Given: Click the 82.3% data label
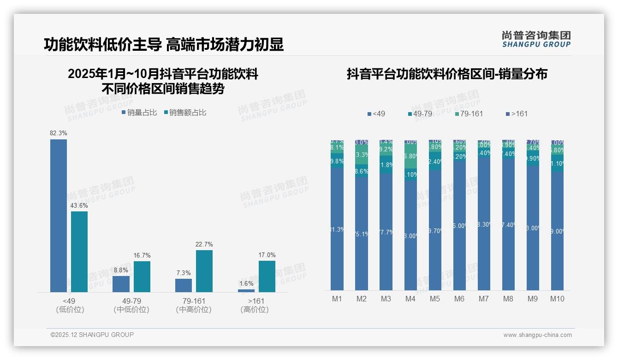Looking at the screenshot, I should point(59,133).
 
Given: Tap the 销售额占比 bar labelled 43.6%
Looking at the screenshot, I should point(79,252).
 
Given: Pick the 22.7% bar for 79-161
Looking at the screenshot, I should point(204,271).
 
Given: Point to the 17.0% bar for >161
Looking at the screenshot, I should point(267,276).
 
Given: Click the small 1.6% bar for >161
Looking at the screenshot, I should point(246,291).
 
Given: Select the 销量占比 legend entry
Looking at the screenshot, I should point(139,113).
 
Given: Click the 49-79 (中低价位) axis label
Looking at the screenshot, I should point(131,306).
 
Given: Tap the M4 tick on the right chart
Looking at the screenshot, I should point(410,299).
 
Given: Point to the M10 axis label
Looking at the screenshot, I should point(557,299).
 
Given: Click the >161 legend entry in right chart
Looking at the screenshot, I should point(517,114).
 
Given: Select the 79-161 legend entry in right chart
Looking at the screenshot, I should point(469,114).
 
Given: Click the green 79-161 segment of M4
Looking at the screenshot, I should point(410,156).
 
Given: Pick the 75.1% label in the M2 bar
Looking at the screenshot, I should point(362,234).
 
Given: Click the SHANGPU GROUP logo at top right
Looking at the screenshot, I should point(536,39).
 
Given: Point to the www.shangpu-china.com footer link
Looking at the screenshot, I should point(537,335).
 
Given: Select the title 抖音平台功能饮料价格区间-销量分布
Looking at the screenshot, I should point(447,74).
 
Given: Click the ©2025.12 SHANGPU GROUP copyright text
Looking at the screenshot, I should point(92,335).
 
